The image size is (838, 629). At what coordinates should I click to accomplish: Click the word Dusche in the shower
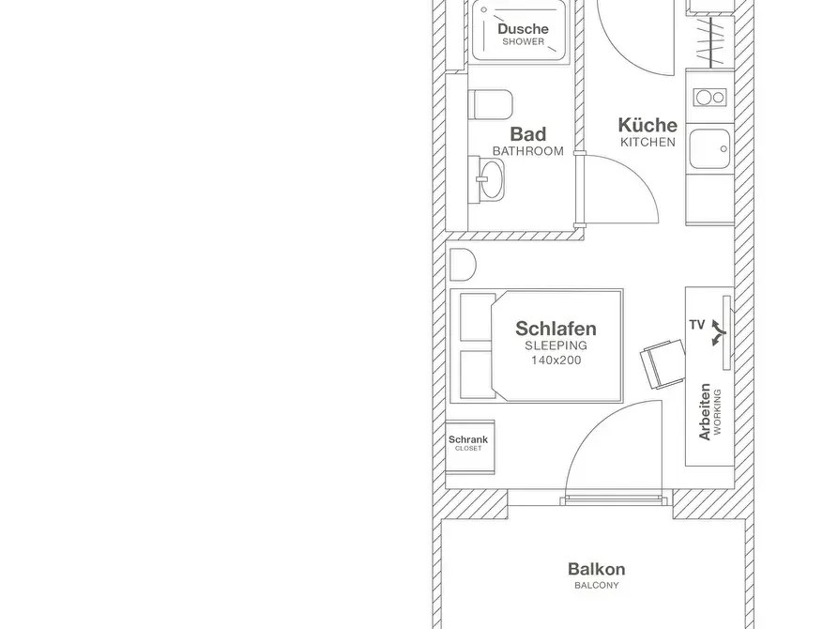pyautogui.click(x=523, y=29)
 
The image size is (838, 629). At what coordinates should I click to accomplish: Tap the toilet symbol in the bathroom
pyautogui.click(x=491, y=104)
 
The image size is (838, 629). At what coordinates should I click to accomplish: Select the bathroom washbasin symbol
pyautogui.click(x=487, y=178)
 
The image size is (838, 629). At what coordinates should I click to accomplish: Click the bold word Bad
pyautogui.click(x=528, y=133)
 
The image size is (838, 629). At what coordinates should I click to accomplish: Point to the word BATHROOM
pyautogui.click(x=528, y=151)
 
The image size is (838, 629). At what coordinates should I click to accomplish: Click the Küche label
pyautogui.click(x=648, y=125)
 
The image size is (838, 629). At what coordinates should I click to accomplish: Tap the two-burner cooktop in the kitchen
pyautogui.click(x=709, y=98)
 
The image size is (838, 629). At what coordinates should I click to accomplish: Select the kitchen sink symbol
pyautogui.click(x=709, y=148)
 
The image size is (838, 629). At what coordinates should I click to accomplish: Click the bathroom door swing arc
pyautogui.click(x=633, y=176)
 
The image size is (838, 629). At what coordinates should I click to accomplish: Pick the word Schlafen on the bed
pyautogui.click(x=556, y=329)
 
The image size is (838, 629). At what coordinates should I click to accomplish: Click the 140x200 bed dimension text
pyautogui.click(x=556, y=360)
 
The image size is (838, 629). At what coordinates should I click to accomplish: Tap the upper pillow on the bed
pyautogui.click(x=478, y=316)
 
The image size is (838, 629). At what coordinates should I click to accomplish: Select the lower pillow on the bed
pyautogui.click(x=478, y=375)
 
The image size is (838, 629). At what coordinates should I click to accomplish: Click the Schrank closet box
pyautogui.click(x=470, y=447)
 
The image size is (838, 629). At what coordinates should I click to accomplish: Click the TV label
pyautogui.click(x=697, y=325)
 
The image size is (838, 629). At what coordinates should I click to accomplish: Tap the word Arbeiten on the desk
pyautogui.click(x=705, y=412)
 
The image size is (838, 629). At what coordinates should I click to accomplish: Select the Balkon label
pyautogui.click(x=597, y=569)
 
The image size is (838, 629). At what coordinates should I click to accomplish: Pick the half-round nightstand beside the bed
pyautogui.click(x=463, y=265)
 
